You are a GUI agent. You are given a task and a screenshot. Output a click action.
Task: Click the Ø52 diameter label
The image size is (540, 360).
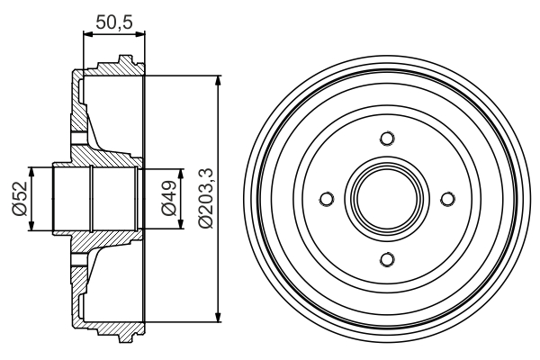pyautogui.click(x=18, y=198)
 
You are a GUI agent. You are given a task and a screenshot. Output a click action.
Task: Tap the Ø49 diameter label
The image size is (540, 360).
pyautogui.click(x=167, y=198)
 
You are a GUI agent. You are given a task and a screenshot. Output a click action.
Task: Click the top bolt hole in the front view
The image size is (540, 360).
pyautogui.click(x=387, y=139)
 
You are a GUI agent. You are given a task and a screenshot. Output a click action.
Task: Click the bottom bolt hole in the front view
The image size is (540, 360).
pyautogui.click(x=387, y=259)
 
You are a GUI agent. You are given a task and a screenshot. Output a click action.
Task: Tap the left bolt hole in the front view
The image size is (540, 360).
pyautogui.click(x=327, y=199)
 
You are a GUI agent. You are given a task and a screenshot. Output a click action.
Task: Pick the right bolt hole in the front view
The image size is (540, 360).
pyautogui.click(x=447, y=199)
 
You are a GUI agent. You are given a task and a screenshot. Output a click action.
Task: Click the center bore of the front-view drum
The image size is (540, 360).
pyautogui.click(x=387, y=199)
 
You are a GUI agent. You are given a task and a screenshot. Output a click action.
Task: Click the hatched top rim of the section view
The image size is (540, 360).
pyautogui.click(x=117, y=67)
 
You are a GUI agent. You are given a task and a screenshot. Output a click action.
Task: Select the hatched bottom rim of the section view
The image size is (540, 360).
pyautogui.click(x=117, y=330)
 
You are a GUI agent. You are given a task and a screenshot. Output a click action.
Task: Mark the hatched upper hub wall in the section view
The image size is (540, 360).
pyautogui.click(x=94, y=157)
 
